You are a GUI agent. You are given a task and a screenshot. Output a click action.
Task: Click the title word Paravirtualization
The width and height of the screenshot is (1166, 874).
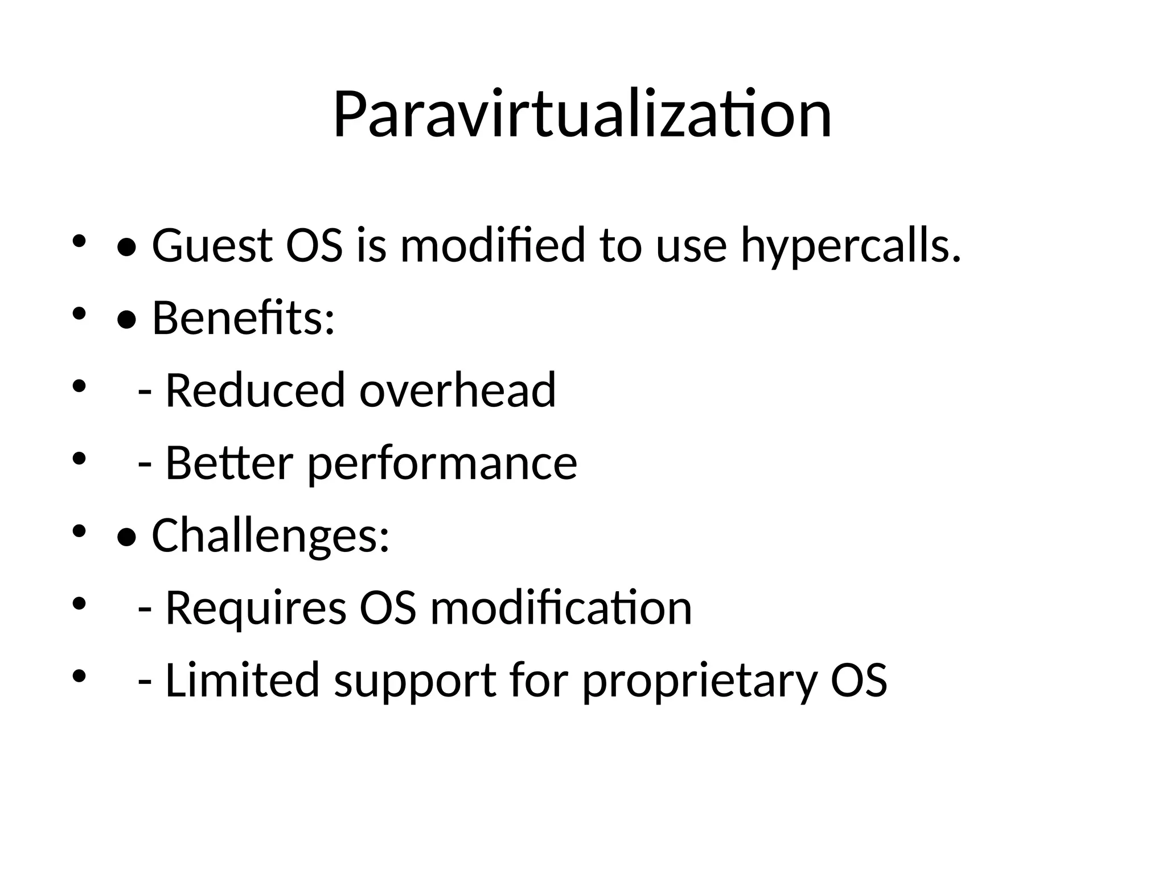pyautogui.click(x=582, y=115)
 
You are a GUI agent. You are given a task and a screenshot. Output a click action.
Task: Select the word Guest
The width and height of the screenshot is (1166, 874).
pyautogui.click(x=212, y=246)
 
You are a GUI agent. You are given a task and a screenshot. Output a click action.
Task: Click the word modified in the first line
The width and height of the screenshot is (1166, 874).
pyautogui.click(x=493, y=246)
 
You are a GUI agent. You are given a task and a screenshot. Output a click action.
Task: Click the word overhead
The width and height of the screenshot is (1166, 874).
pyautogui.click(x=457, y=390)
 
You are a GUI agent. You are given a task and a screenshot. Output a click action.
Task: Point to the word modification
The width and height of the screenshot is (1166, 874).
pyautogui.click(x=561, y=608)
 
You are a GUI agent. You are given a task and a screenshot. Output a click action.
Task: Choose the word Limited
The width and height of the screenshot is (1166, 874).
pyautogui.click(x=242, y=680)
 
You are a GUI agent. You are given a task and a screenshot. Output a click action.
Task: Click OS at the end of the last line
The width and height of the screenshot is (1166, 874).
pyautogui.click(x=859, y=680)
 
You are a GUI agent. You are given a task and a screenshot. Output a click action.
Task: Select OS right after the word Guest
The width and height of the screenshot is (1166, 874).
pyautogui.click(x=314, y=246)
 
